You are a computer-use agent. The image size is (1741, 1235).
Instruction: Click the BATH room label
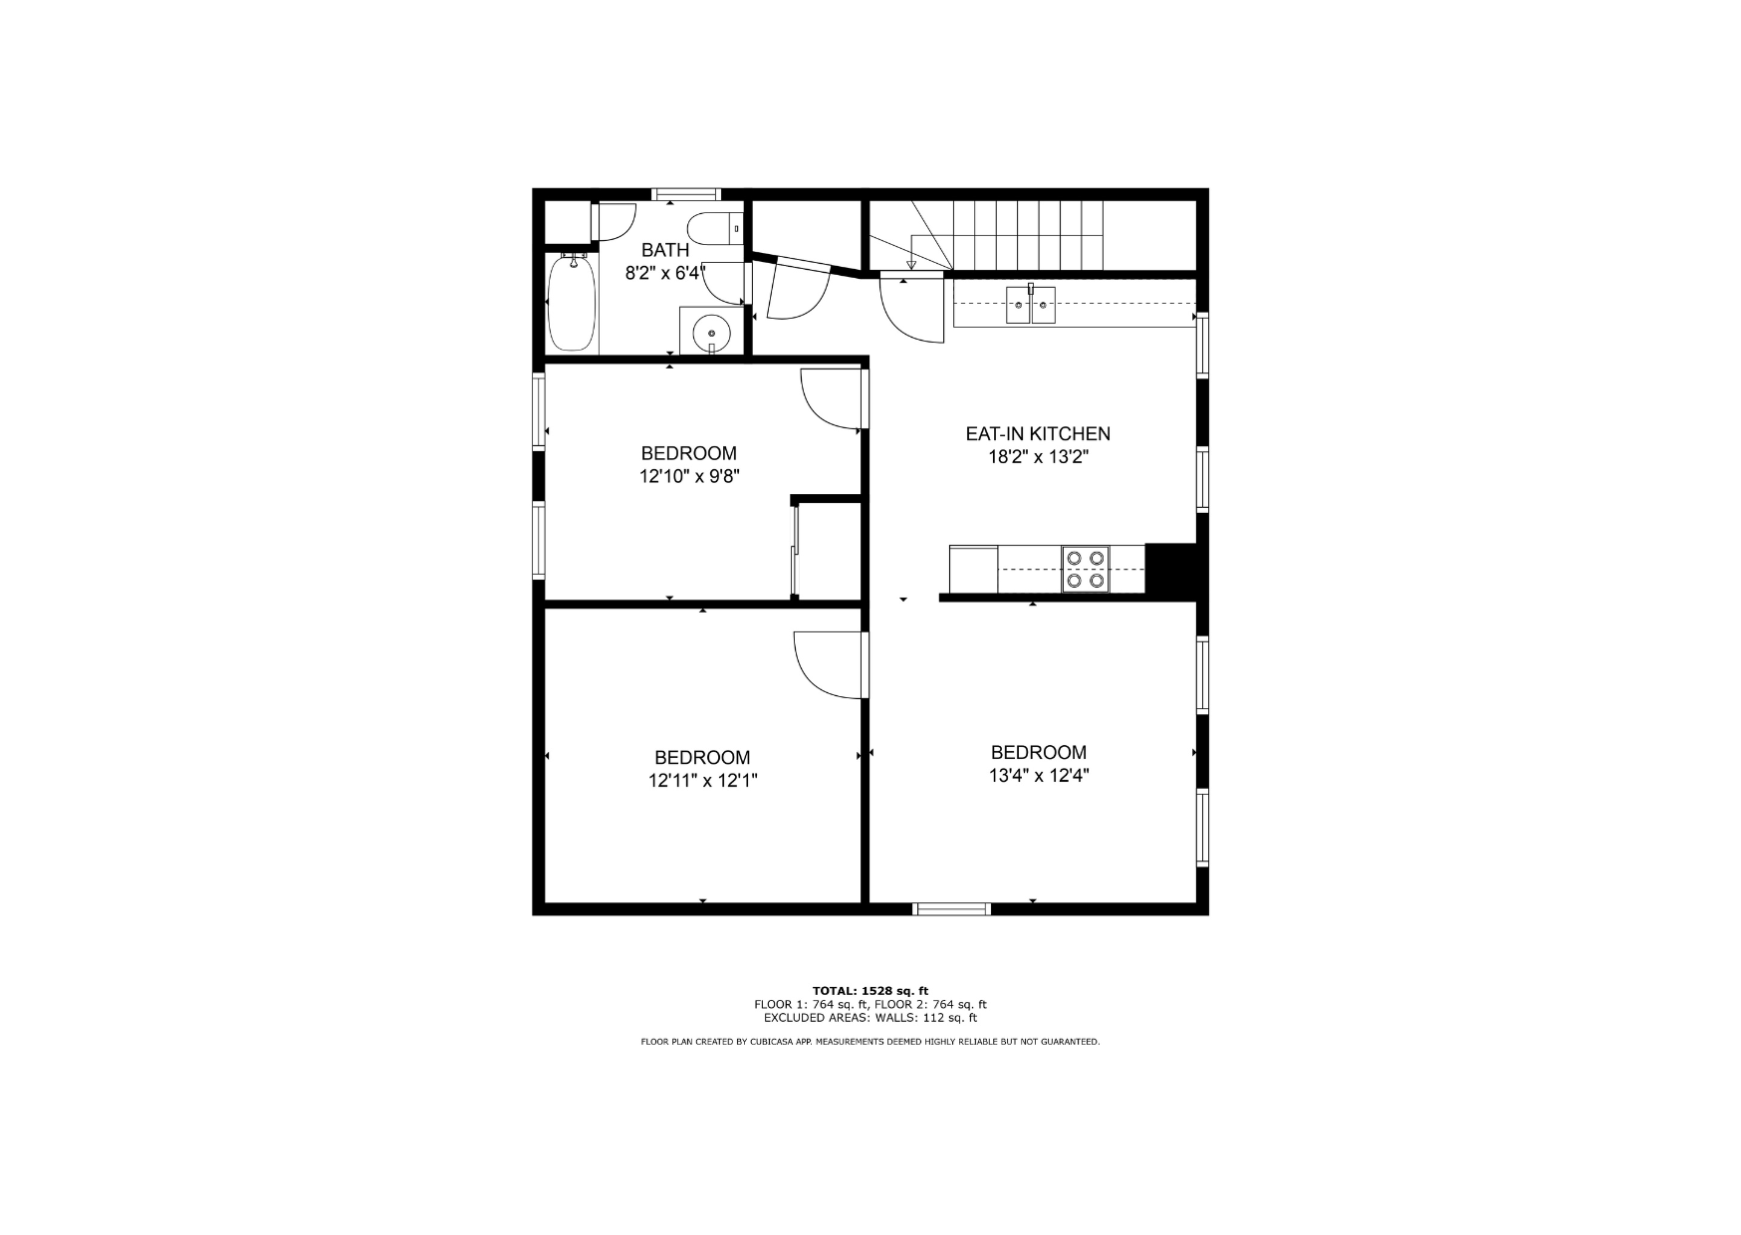click(x=665, y=250)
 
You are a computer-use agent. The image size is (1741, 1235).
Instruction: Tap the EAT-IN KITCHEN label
click(x=1038, y=434)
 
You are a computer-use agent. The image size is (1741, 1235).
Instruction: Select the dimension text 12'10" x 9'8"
click(x=689, y=477)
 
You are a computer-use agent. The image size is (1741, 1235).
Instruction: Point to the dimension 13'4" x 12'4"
click(x=1039, y=776)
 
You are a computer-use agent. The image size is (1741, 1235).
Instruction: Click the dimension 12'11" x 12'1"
click(x=703, y=781)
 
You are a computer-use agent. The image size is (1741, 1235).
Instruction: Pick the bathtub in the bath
click(x=572, y=302)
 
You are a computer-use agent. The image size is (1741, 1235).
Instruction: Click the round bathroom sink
click(x=712, y=330)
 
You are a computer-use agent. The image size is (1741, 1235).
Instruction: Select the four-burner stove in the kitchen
click(x=1086, y=569)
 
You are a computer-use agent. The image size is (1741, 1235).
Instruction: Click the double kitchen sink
click(x=1031, y=305)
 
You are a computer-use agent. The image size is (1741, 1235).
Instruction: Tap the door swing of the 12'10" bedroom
click(x=833, y=399)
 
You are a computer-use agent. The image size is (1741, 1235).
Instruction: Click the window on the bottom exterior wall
click(x=952, y=908)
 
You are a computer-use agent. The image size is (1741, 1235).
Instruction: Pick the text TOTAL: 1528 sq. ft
click(x=870, y=991)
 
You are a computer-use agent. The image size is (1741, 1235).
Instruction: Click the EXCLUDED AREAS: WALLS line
click(x=870, y=1018)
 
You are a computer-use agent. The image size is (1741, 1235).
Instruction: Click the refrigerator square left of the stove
click(x=973, y=569)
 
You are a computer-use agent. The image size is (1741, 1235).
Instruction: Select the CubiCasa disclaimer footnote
click(x=870, y=1042)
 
